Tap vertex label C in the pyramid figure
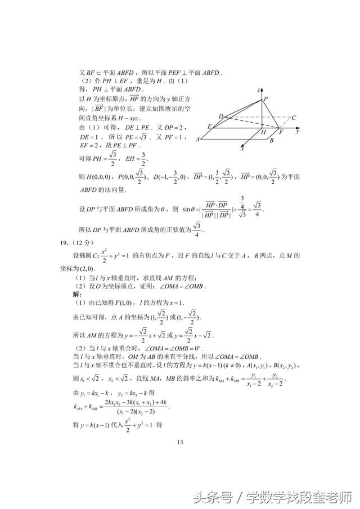[x=294, y=118]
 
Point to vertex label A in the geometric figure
[x=198, y=139]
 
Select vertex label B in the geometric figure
[x=272, y=141]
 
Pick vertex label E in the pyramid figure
[x=209, y=127]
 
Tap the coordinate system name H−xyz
[x=129, y=119]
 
